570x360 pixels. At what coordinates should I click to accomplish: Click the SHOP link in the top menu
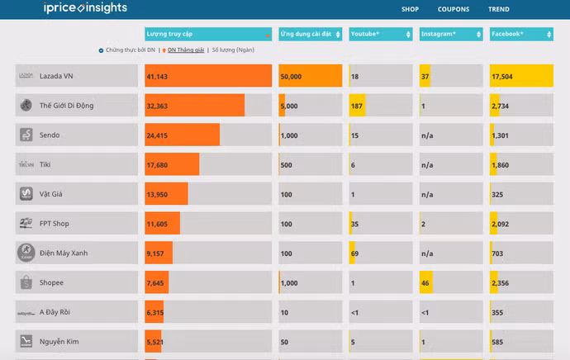tap(410, 9)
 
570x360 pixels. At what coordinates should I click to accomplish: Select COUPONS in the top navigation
tap(454, 9)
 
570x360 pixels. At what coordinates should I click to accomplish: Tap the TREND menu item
tap(498, 9)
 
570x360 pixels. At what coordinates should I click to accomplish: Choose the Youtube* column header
tap(380, 34)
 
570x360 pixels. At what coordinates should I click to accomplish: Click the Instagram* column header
tap(450, 34)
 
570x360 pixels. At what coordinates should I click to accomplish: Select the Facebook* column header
tap(520, 34)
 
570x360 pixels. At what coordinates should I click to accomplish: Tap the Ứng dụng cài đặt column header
tap(310, 34)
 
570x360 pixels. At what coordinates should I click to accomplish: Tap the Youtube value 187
tap(357, 106)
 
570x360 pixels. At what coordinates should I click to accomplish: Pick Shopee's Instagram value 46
tap(425, 283)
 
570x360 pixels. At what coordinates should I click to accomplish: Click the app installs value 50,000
tap(291, 76)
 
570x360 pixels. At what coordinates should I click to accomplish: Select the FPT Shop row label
tap(55, 224)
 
